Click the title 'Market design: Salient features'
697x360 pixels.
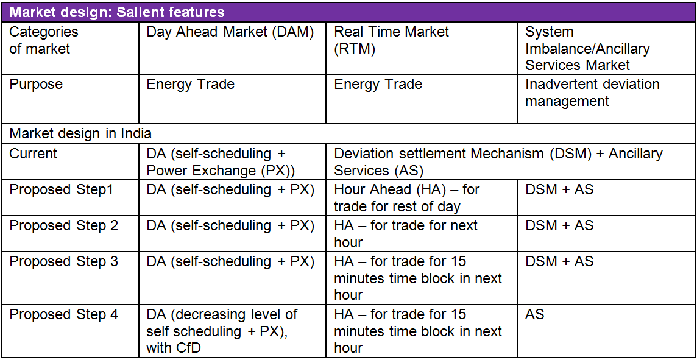point(117,12)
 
